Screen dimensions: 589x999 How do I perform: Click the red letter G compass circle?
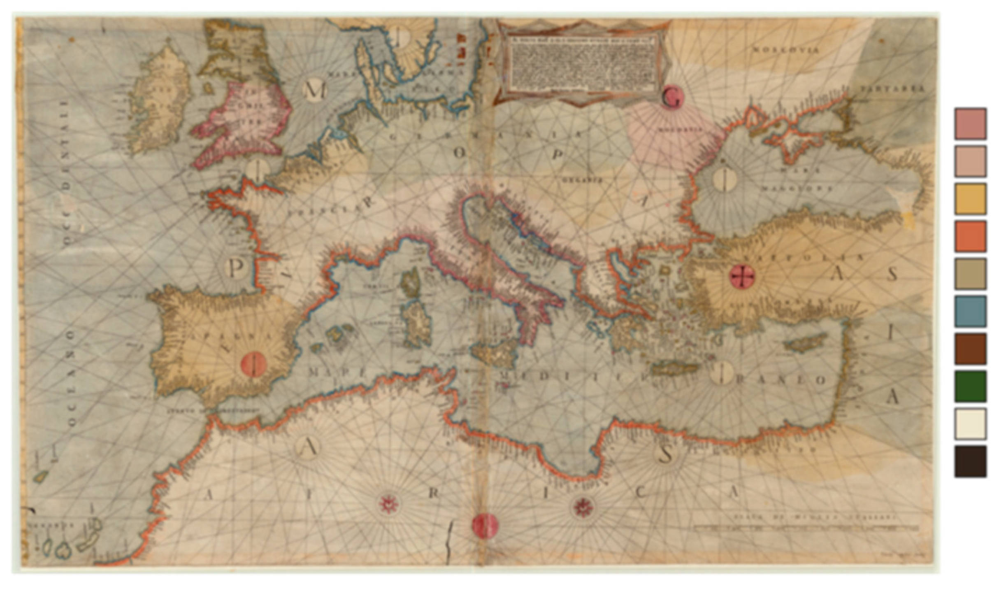[672, 97]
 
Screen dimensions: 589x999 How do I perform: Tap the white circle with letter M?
[315, 91]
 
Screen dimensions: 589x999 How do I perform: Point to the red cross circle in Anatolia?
[742, 276]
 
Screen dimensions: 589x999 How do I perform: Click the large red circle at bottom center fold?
[485, 526]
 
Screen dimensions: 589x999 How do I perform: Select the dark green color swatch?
[970, 386]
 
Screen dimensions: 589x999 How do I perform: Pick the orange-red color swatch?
[970, 236]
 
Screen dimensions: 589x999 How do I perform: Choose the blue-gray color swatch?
[970, 311]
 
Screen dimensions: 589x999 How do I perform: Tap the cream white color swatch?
[970, 424]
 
